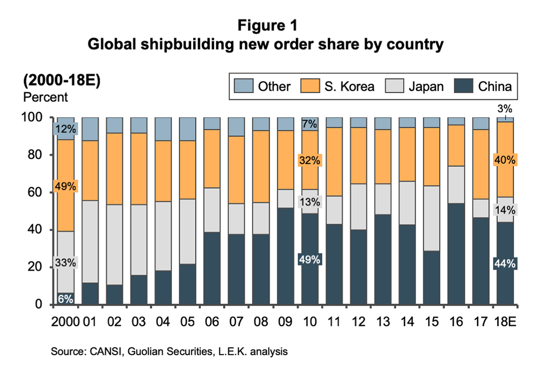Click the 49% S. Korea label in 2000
66,186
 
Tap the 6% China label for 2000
66,298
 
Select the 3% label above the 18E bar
505,110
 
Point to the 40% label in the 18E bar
505,160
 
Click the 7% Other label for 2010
310,124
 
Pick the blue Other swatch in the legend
242,86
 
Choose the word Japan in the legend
423,86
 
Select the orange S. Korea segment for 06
212,158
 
